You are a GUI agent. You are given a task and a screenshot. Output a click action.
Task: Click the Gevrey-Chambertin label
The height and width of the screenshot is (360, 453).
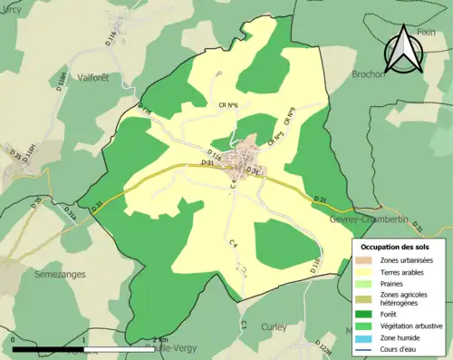pos(362,220)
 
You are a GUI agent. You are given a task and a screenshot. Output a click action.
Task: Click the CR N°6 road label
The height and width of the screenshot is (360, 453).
pos(227,107)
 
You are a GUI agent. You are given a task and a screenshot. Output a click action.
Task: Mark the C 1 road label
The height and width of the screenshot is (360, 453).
pos(244,323)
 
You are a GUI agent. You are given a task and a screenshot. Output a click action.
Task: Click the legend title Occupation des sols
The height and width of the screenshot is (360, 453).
pos(396,246)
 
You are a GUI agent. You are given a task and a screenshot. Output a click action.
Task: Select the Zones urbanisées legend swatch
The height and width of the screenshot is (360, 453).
pos(366,261)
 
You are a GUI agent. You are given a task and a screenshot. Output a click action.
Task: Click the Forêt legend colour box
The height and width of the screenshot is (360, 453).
pos(366,315)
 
